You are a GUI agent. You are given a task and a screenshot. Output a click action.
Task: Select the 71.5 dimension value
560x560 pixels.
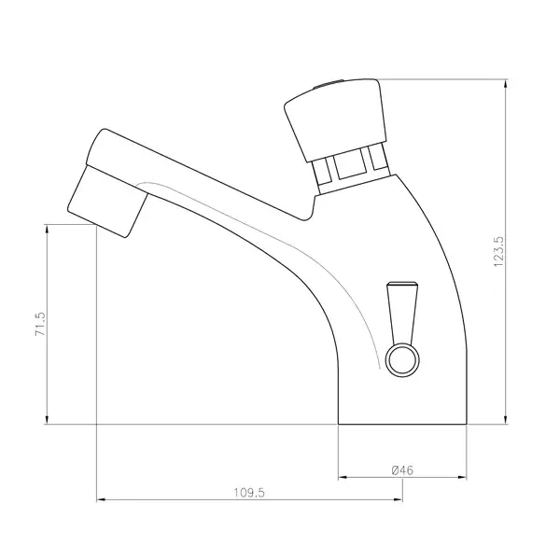tap(39, 325)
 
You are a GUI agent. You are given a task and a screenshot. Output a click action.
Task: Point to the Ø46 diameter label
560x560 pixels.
tap(403, 469)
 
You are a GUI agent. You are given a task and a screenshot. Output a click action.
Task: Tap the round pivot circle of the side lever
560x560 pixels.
tap(402, 358)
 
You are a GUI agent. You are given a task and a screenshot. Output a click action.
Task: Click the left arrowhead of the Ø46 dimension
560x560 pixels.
tap(343, 477)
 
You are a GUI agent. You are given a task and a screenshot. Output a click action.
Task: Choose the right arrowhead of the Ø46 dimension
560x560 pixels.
tap(463, 477)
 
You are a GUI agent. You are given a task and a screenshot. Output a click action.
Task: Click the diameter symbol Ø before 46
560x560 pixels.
tap(395, 469)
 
